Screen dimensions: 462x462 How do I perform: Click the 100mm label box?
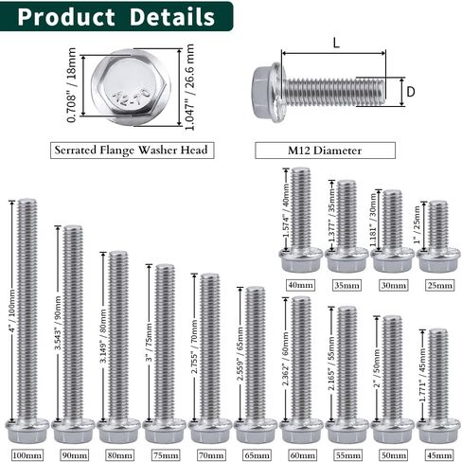coord(27,455)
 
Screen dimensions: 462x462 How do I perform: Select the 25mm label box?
coord(439,285)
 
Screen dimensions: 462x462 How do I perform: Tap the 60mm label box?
coord(302,455)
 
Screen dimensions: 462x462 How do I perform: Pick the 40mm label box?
coord(300,285)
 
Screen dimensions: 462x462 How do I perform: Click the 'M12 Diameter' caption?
coord(325,151)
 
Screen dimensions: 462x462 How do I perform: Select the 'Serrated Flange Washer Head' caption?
coord(132,150)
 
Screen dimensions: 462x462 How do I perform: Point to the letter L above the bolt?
coord(336,43)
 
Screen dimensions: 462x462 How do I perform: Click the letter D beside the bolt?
coord(411,92)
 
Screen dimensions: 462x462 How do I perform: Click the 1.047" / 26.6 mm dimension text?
coord(189,87)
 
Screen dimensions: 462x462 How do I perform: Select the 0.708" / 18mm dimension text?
coord(72,85)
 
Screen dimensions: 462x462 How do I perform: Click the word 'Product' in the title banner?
coord(66,16)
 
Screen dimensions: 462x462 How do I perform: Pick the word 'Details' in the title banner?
coord(172,16)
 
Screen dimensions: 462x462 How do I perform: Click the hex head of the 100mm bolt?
coord(27,431)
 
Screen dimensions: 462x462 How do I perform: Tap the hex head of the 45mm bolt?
coord(438,431)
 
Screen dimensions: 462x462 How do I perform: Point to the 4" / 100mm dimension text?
coord(12,311)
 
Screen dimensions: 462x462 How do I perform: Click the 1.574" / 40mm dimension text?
coord(286,210)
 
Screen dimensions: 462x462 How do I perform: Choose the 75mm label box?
coord(166,455)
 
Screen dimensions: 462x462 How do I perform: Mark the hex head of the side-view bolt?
coord(265,92)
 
